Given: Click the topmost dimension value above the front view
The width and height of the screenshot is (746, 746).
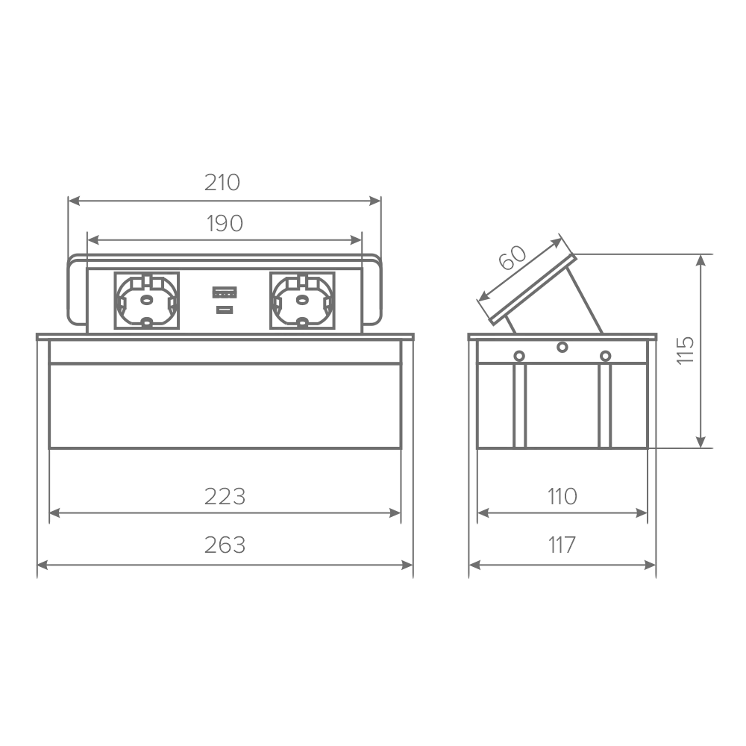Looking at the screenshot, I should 224,181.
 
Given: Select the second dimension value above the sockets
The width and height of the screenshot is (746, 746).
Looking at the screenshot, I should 224,221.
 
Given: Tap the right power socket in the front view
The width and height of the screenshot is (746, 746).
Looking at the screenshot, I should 306,300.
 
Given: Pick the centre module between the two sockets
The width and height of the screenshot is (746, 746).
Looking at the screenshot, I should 226,300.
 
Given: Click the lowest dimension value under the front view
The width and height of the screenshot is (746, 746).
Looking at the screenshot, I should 224,545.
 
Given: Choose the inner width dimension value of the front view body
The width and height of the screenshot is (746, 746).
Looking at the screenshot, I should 224,493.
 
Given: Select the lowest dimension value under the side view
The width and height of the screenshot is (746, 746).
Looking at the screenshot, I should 564,545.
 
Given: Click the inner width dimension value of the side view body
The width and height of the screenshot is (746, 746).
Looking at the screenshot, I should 564,493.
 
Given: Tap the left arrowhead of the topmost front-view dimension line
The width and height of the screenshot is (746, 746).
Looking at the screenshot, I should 74,198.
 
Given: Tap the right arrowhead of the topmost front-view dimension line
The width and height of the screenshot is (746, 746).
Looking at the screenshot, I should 372,198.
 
